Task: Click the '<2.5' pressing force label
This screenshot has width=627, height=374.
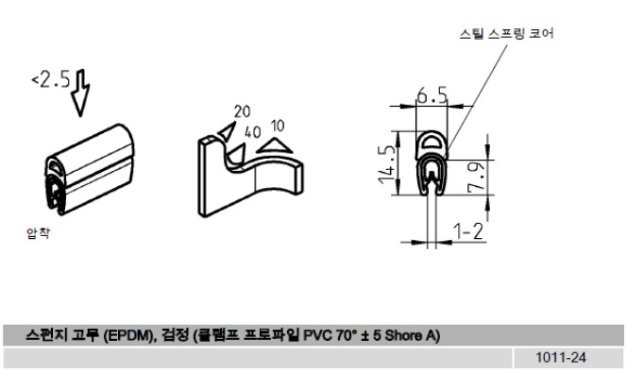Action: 51,78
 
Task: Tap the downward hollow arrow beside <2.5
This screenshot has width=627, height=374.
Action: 80,93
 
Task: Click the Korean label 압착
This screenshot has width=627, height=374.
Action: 38,232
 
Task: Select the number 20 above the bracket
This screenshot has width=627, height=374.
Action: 242,111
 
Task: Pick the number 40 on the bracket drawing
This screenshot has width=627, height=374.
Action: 253,132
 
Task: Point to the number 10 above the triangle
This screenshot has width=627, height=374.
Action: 278,126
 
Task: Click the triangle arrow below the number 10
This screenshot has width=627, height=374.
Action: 275,145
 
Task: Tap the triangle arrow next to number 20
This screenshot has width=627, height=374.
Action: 228,130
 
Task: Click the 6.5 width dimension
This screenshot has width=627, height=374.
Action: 432,96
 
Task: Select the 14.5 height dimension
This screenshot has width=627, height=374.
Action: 387,164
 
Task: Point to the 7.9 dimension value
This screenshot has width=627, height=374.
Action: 476,178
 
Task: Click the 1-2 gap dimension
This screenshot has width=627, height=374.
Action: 467,230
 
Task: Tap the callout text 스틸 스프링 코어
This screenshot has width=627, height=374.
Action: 506,33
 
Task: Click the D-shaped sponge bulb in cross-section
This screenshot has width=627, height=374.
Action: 431,143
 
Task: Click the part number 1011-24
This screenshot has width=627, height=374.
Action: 561,357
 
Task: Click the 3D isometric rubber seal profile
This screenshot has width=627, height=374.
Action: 89,169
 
